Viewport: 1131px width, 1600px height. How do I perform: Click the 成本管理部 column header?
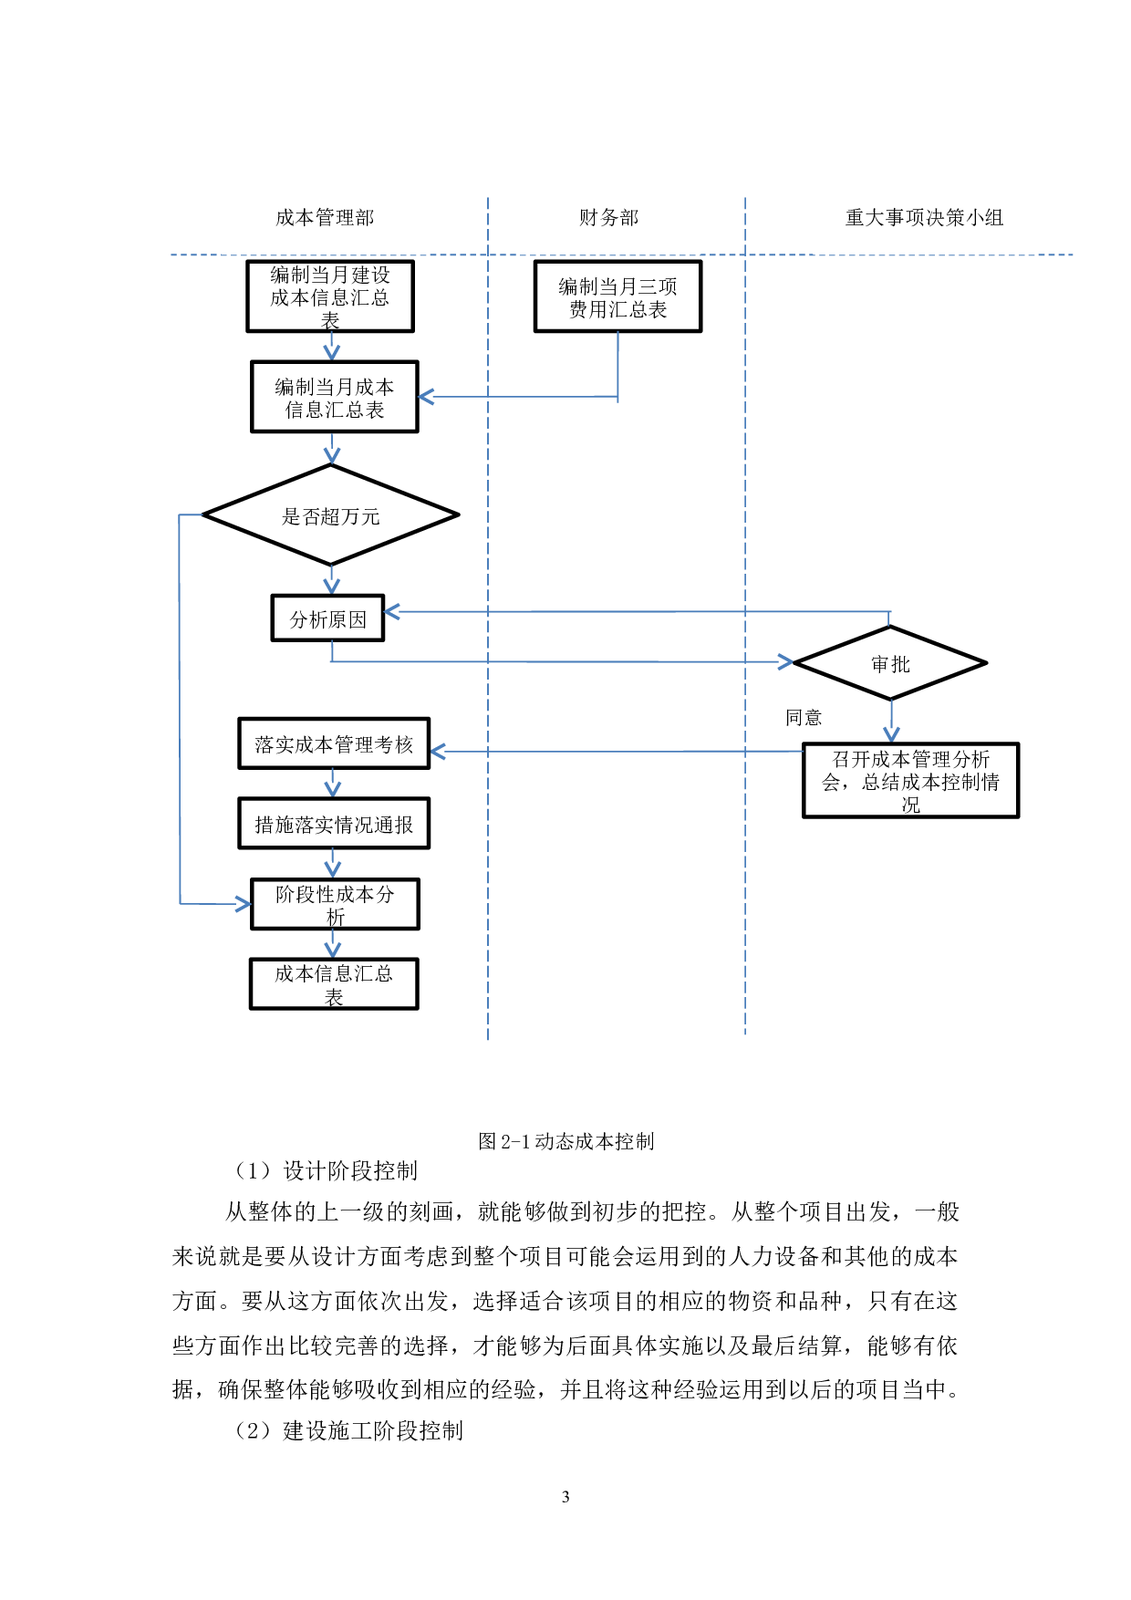pos(325,218)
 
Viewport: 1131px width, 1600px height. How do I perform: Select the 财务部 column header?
pos(608,218)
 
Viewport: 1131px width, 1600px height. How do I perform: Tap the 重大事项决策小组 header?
pos(924,218)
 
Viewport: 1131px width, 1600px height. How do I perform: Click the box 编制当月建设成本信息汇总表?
pos(330,296)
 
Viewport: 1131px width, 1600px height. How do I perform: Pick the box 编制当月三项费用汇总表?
pos(617,297)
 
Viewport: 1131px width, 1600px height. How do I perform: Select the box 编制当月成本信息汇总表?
pos(335,398)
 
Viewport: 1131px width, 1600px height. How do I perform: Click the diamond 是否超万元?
pos(330,516)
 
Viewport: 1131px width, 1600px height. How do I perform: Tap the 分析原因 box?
pos(328,619)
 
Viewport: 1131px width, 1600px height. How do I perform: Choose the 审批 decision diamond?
pos(890,664)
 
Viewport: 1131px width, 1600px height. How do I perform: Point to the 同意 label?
pos(804,718)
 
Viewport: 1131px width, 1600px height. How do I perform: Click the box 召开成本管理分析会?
pos(910,781)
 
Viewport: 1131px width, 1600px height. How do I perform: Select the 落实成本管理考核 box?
pos(334,744)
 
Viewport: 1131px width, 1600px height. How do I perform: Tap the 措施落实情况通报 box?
pos(334,825)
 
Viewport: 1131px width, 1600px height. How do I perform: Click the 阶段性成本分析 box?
pos(335,905)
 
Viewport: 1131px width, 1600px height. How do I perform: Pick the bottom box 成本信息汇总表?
pos(334,984)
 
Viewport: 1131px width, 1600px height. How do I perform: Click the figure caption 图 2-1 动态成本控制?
pos(565,1141)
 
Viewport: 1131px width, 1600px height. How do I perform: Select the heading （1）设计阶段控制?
pos(326,1170)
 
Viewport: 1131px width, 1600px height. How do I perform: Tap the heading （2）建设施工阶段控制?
pos(348,1430)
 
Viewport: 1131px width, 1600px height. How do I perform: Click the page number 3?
pos(565,1497)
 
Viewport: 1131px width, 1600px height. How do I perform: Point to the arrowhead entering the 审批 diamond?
pos(785,662)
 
